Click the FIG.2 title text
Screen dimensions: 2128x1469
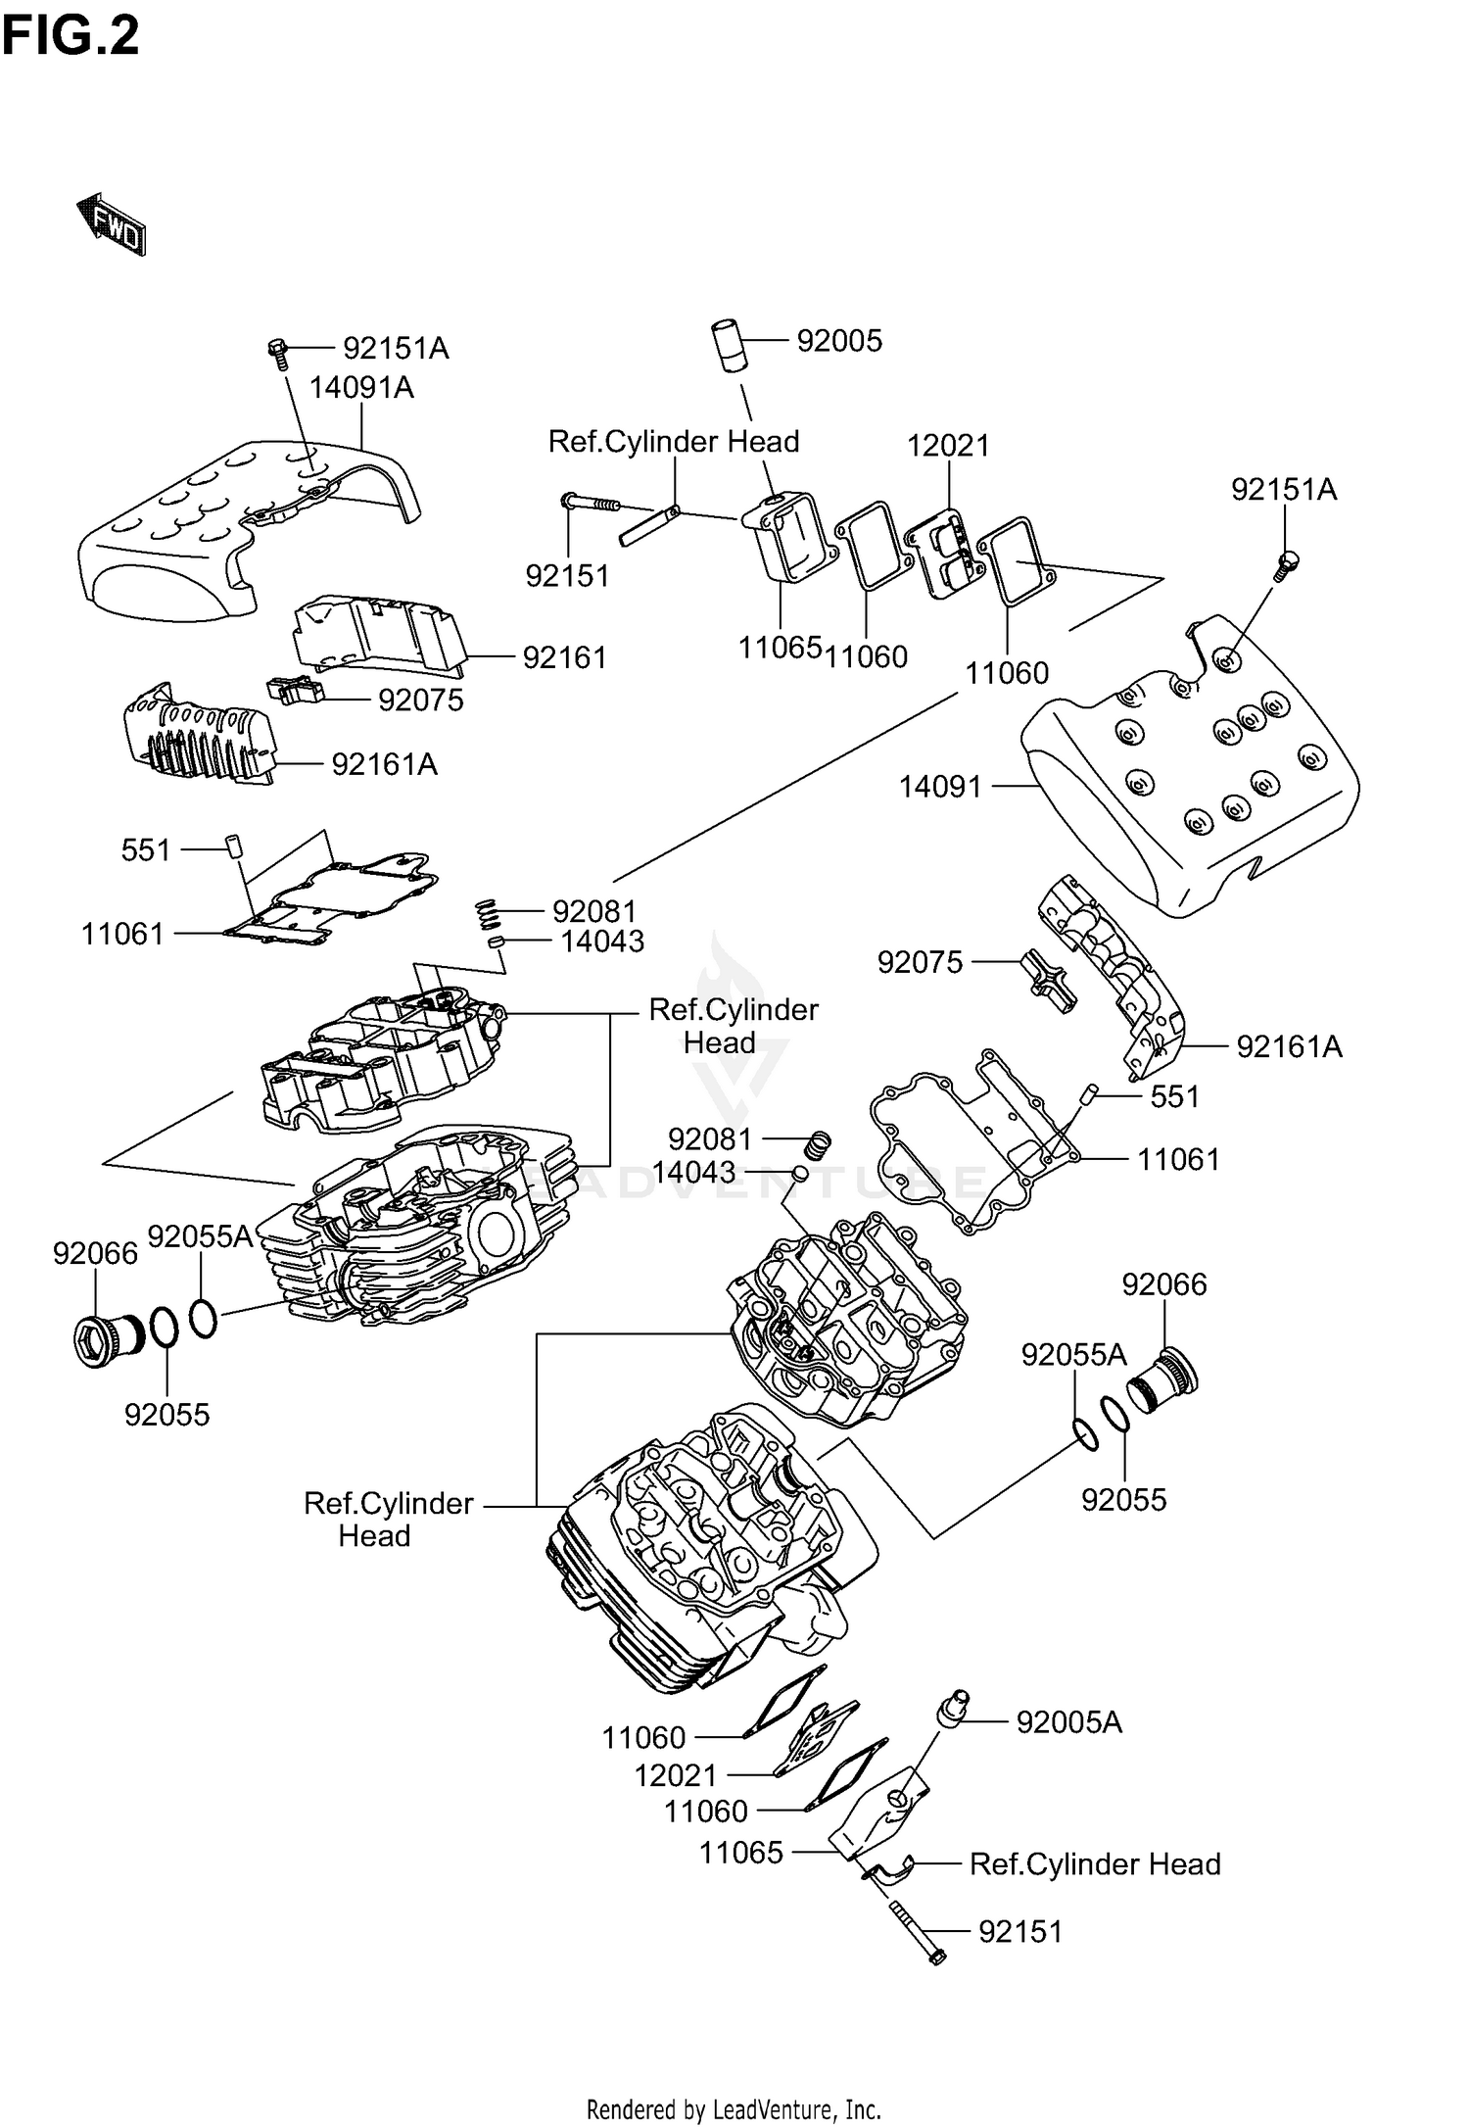71,37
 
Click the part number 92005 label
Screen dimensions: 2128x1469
839,341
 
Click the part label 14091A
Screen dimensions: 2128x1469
361,388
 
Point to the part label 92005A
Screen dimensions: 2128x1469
1068,1721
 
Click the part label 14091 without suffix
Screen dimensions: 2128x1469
940,786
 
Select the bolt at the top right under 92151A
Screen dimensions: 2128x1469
1286,565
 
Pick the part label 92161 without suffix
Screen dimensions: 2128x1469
564,657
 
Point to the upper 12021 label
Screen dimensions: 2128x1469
947,446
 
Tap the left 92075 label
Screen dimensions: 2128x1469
420,701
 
